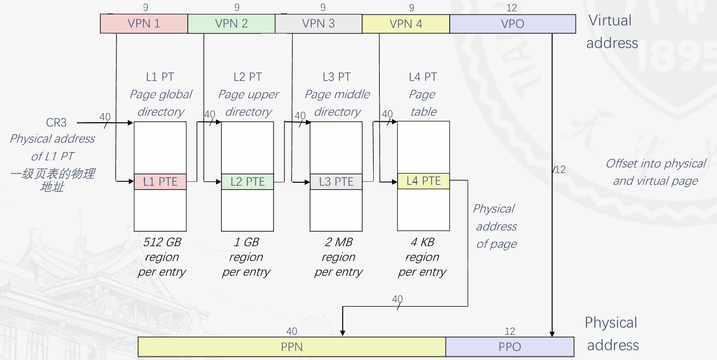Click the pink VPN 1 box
pyautogui.click(x=144, y=24)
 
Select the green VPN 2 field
pyautogui.click(x=231, y=24)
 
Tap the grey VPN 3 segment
pyautogui.click(x=319, y=24)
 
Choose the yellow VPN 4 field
pyautogui.click(x=406, y=24)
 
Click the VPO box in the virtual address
pyautogui.click(x=513, y=24)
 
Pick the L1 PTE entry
pyautogui.click(x=160, y=182)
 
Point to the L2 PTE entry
pyautogui.click(x=248, y=182)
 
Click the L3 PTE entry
pyautogui.click(x=336, y=182)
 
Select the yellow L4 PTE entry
pyautogui.click(x=424, y=181)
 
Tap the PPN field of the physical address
pyautogui.click(x=292, y=347)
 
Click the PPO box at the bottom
pyautogui.click(x=510, y=347)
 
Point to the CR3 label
pyautogui.click(x=56, y=123)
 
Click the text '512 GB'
pyautogui.click(x=162, y=242)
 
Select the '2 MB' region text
pyautogui.click(x=339, y=242)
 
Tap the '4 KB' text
pyautogui.click(x=422, y=242)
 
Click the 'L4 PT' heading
pyautogui.click(x=423, y=77)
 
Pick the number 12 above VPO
pyautogui.click(x=512, y=8)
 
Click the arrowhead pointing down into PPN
pyautogui.click(x=343, y=333)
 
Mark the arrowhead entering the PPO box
pyautogui.click(x=552, y=334)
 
